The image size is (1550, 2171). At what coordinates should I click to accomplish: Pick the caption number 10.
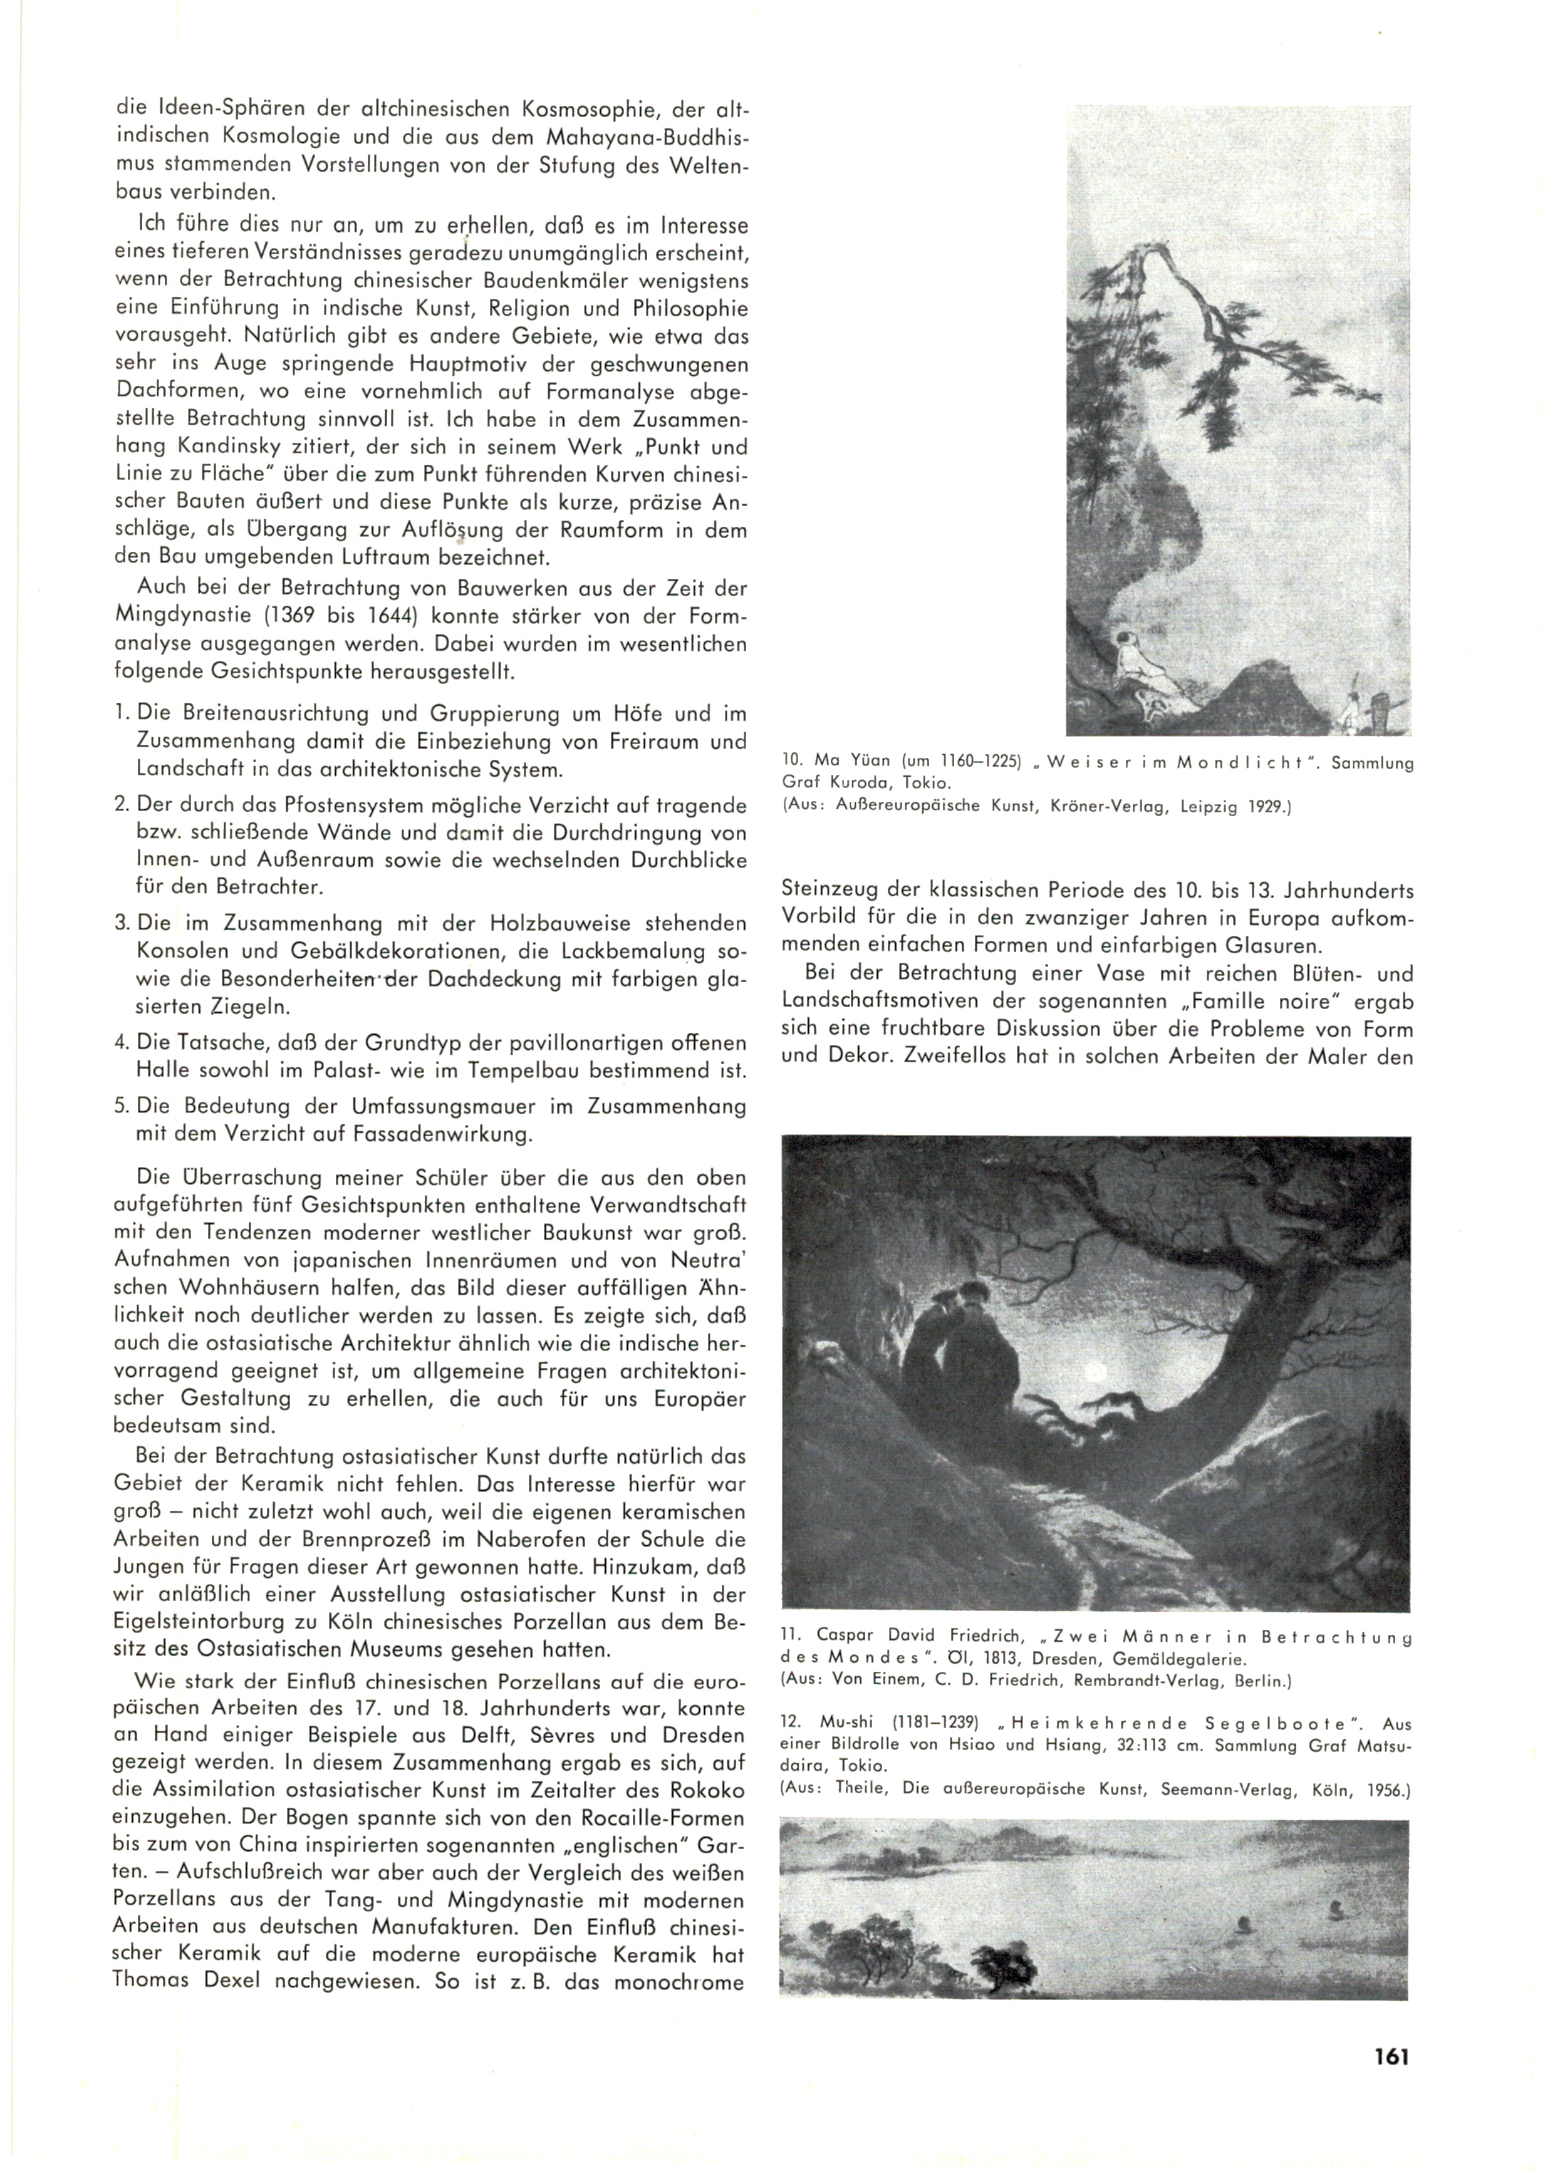tap(791, 764)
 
